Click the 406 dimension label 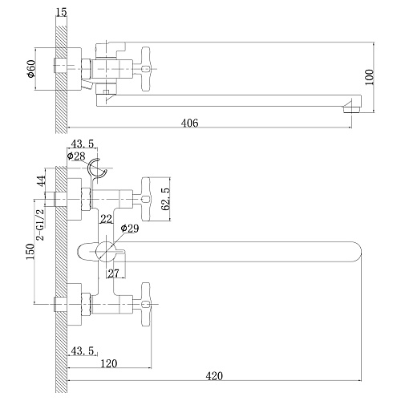point(190,123)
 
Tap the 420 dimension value point(214,376)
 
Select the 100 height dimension point(369,77)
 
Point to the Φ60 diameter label point(31,69)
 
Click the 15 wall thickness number point(62,12)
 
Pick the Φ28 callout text point(76,156)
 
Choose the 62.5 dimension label point(166,199)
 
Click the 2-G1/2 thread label point(42,225)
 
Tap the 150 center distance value point(30,252)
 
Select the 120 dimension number point(109,363)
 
